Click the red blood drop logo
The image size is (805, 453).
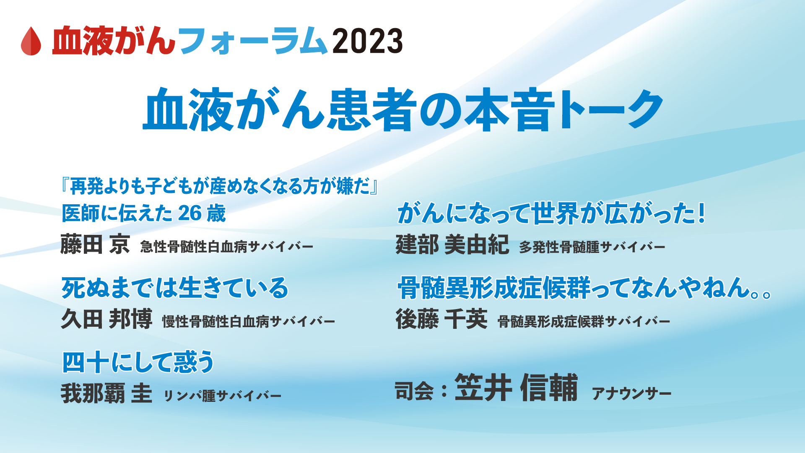coord(31,41)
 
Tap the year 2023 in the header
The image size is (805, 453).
coord(367,41)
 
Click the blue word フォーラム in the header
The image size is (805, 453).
coord(253,41)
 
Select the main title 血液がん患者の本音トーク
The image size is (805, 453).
coord(402,109)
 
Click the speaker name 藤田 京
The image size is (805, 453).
coord(95,244)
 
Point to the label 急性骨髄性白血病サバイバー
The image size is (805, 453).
coord(226,247)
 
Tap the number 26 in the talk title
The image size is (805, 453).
coord(190,213)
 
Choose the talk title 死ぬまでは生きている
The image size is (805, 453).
coord(175,288)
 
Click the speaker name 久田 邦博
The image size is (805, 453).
coord(106,319)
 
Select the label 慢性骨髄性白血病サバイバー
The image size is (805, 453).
coord(249,322)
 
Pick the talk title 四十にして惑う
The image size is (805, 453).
coord(138,362)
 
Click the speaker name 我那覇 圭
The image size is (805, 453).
coord(106,393)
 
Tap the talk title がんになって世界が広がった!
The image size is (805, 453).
coord(551,213)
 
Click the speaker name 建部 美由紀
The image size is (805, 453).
coord(452,244)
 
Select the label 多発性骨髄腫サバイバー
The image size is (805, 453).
coord(592,247)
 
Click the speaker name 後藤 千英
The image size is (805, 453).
coord(441,319)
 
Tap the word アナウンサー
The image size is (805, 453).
coord(631,393)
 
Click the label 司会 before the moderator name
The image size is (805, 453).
coord(414,391)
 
